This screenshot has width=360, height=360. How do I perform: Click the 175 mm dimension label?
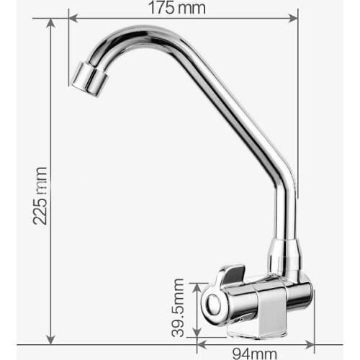pos(176,9)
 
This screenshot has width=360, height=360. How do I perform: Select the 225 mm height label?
pos(40,195)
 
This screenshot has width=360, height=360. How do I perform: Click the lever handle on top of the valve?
pos(228,274)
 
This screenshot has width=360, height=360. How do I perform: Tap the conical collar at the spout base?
pos(283,256)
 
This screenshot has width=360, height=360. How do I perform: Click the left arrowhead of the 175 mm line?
pos(72,18)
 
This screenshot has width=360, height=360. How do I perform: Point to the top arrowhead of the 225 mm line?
pos(50,23)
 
